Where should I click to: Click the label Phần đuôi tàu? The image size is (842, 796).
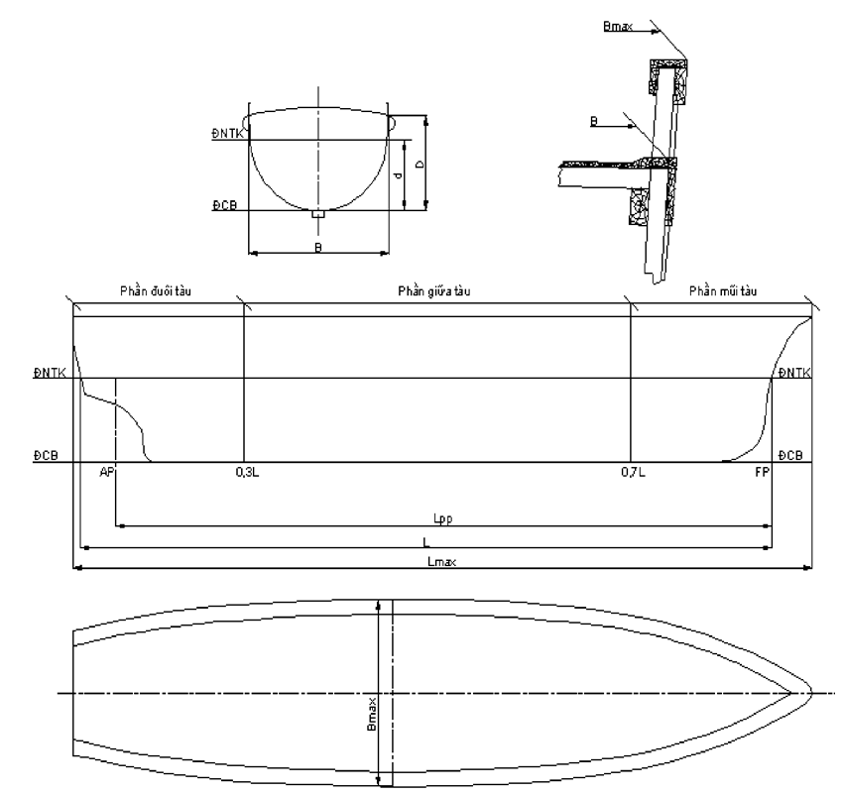point(156,290)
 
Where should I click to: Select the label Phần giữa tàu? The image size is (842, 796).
point(433,290)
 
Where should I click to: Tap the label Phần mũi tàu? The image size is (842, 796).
point(723,290)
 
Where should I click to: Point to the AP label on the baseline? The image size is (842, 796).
point(107,472)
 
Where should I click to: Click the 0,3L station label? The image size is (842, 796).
point(247,472)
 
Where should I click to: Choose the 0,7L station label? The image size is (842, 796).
point(633,472)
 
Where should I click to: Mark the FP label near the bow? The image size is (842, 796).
point(762,472)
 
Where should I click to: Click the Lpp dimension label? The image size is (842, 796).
point(443,518)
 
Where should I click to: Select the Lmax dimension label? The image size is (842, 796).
point(442,561)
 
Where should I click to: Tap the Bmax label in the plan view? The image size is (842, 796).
point(372,715)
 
